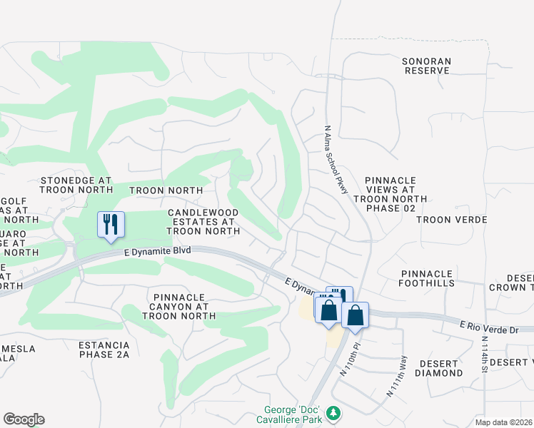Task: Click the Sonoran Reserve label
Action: click(427, 66)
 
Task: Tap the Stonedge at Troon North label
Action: click(76, 185)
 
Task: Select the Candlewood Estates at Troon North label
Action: click(203, 222)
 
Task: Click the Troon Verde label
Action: click(451, 220)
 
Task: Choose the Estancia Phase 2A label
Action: click(104, 350)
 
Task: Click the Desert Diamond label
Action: click(438, 367)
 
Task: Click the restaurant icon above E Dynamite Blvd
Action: click(111, 225)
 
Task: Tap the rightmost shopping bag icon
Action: click(355, 315)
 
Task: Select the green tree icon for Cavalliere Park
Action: click(333, 412)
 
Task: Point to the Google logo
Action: click(24, 419)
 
